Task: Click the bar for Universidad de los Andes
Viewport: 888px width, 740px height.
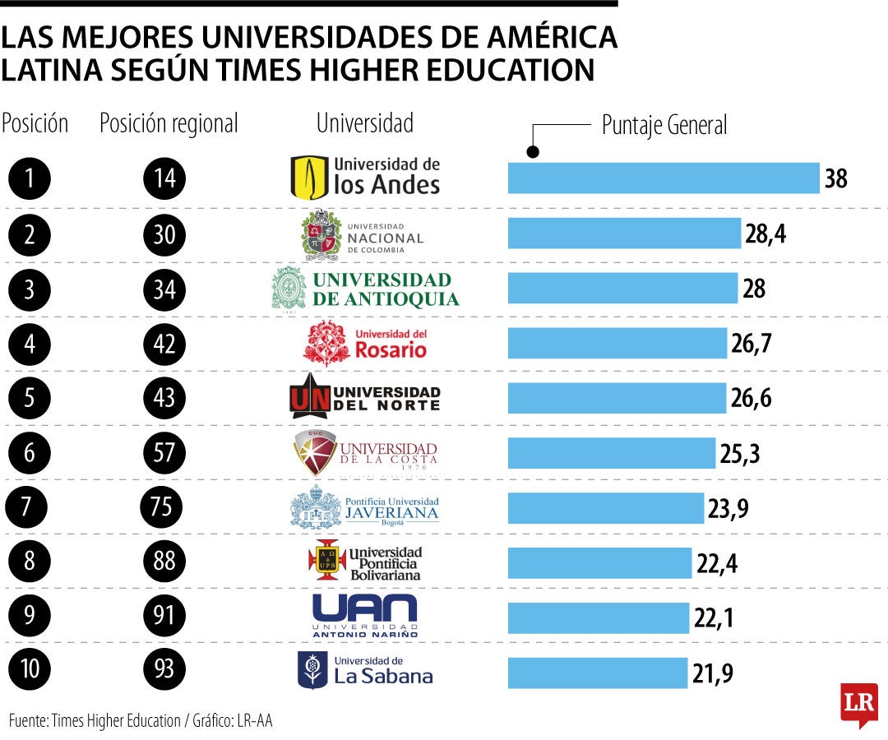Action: tap(664, 178)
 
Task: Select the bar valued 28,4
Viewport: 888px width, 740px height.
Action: tap(624, 234)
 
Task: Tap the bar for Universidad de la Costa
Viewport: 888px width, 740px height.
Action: tap(612, 453)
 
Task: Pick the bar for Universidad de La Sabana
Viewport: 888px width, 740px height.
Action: tap(597, 673)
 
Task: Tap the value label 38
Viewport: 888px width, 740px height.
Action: tap(835, 178)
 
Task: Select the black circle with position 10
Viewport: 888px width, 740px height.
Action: tap(30, 668)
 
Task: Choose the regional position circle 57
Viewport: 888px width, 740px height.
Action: tap(164, 452)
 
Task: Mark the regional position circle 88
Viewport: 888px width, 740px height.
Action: tap(164, 562)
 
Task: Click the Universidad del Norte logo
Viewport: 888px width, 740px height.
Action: tap(365, 396)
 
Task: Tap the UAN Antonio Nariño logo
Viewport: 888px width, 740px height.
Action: tap(365, 616)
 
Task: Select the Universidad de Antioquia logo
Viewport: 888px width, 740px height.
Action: tap(365, 289)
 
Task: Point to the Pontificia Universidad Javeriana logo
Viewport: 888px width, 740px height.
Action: tap(365, 506)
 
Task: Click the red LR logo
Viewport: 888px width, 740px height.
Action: tap(858, 704)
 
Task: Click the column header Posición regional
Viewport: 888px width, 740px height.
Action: tap(169, 124)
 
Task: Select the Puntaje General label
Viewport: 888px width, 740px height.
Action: tap(664, 126)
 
